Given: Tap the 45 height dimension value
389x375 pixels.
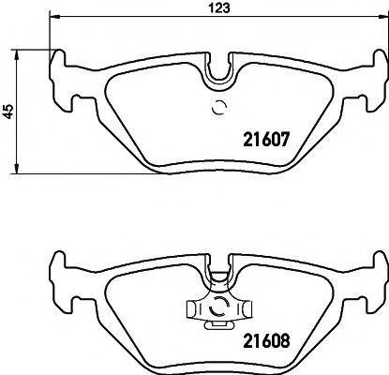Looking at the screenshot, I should (x=8, y=111).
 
